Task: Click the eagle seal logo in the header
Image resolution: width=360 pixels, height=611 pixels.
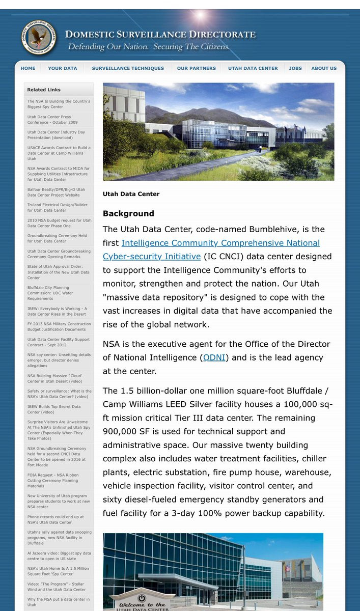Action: pyautogui.click(x=40, y=37)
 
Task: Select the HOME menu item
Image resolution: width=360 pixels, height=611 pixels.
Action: pyautogui.click(x=28, y=68)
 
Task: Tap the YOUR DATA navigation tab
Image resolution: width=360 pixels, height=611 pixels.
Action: pyautogui.click(x=63, y=68)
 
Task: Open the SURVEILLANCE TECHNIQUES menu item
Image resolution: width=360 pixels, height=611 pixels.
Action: pyautogui.click(x=128, y=68)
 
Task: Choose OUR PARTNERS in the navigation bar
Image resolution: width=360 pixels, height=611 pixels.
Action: pyautogui.click(x=196, y=68)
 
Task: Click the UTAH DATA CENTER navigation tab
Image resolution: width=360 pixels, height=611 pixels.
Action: pyautogui.click(x=253, y=68)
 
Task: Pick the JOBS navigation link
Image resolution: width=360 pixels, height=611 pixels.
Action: pyautogui.click(x=295, y=68)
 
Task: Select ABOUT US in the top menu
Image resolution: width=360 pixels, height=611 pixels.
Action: pyautogui.click(x=324, y=68)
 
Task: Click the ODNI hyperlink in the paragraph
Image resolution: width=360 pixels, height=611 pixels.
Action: pyautogui.click(x=214, y=357)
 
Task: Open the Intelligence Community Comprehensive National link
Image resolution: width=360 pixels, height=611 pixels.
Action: pyautogui.click(x=220, y=243)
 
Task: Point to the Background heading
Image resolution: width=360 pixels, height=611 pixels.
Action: pyautogui.click(x=128, y=213)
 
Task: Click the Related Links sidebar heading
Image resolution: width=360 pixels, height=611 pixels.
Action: pyautogui.click(x=44, y=90)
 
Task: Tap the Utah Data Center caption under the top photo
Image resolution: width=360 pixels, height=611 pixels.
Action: pyautogui.click(x=131, y=194)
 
